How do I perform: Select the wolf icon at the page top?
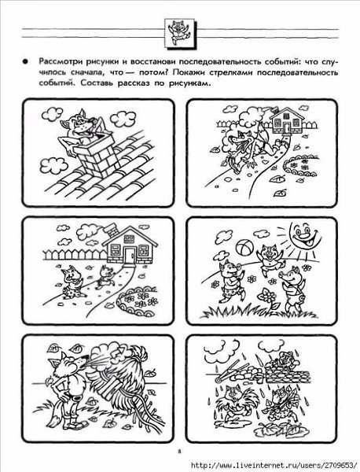pyautogui.click(x=179, y=32)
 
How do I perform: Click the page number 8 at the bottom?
pyautogui.click(x=179, y=451)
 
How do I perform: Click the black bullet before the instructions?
pyautogui.click(x=25, y=61)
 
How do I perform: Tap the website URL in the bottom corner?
pyautogui.click(x=275, y=464)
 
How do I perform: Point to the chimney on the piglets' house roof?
pyautogui.click(x=112, y=231)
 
